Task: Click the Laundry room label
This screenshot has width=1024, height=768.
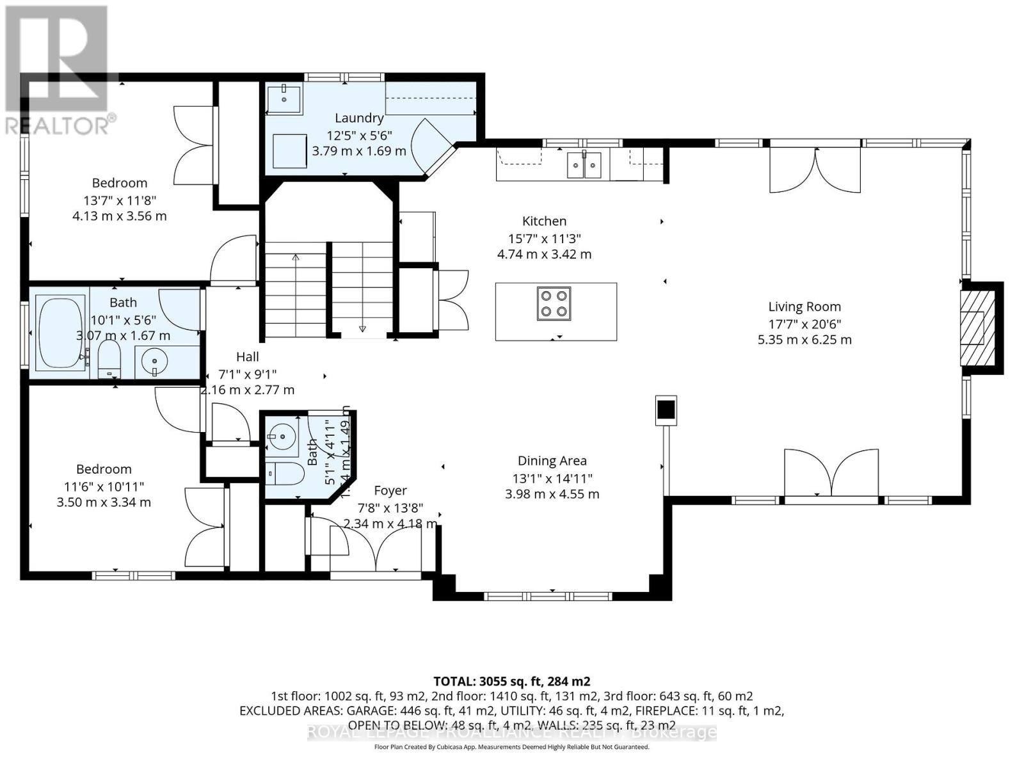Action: point(359,118)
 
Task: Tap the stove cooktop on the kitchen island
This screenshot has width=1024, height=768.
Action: point(554,303)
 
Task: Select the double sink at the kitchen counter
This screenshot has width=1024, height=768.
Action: point(584,166)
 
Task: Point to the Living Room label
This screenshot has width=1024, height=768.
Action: point(804,307)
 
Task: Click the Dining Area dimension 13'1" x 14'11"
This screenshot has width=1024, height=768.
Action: point(552,478)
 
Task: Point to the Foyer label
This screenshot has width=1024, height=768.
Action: point(390,490)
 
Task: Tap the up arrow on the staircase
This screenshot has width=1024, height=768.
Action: point(296,257)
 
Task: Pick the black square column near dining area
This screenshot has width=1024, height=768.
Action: point(666,408)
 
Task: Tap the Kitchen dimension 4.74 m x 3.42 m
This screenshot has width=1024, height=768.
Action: point(544,254)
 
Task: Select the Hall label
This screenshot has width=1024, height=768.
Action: point(247,356)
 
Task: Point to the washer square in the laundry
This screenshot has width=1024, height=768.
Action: point(289,150)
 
